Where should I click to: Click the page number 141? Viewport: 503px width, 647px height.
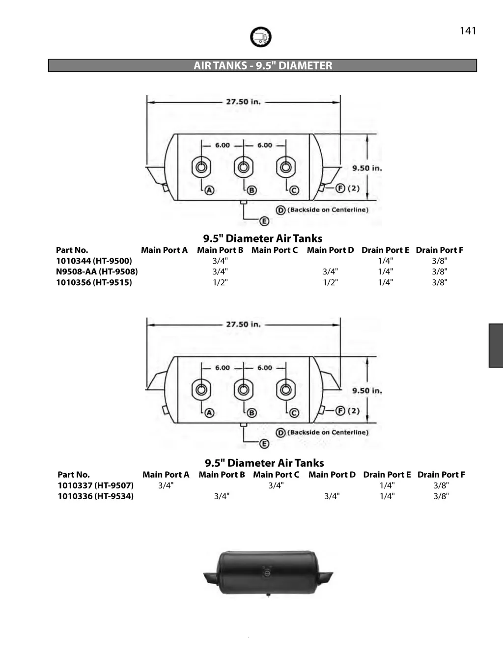[x=468, y=30]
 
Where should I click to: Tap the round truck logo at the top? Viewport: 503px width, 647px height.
[x=260, y=37]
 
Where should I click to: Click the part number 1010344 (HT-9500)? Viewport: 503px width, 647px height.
[x=94, y=261]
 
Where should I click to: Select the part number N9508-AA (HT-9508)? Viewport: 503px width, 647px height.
[x=97, y=271]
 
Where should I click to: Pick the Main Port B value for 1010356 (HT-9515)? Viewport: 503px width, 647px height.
[x=220, y=282]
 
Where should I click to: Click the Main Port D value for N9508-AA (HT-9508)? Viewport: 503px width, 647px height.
[x=330, y=271]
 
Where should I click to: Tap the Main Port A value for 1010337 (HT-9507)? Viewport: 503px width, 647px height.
[x=166, y=485]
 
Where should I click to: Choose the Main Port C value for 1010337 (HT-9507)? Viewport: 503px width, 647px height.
[x=276, y=485]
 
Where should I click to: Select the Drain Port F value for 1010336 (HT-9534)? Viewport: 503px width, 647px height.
[x=441, y=496]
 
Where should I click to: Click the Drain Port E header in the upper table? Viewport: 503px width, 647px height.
[x=386, y=250]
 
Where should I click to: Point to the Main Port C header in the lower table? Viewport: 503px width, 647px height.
[x=276, y=475]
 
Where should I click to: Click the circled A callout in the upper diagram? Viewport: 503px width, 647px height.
[x=209, y=190]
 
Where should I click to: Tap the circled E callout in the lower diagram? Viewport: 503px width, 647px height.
[x=264, y=444]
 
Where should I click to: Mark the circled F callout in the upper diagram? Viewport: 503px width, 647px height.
[x=340, y=188]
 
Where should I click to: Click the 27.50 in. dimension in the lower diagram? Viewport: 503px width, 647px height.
[x=243, y=324]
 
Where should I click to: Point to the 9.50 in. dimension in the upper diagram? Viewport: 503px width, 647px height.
[x=367, y=168]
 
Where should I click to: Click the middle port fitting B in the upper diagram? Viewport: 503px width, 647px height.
[x=244, y=167]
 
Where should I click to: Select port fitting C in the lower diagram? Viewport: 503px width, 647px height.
[x=286, y=389]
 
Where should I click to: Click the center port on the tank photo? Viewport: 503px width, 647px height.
[x=267, y=574]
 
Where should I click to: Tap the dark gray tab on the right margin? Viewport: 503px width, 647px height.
[x=496, y=346]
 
